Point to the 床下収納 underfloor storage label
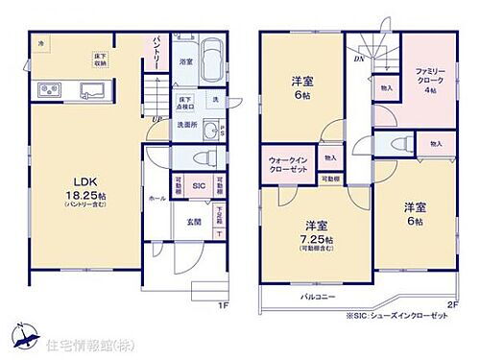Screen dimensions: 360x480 (99, 60)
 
